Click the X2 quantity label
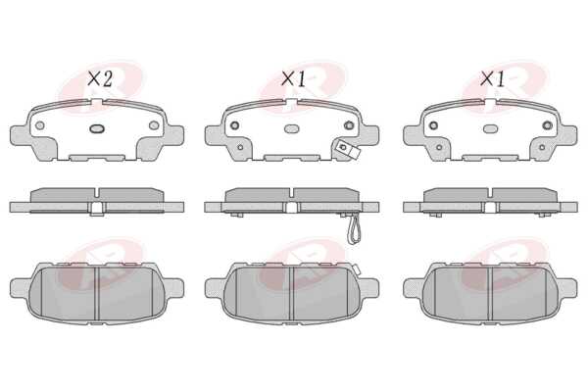pyautogui.click(x=100, y=78)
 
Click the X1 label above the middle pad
pyautogui.click(x=294, y=78)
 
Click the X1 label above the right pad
pyautogui.click(x=492, y=78)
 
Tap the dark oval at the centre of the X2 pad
pyautogui.click(x=97, y=128)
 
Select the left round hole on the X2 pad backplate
pyautogui.click(x=40, y=125)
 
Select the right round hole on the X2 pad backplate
pyautogui.click(x=154, y=125)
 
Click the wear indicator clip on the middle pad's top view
pyautogui.click(x=347, y=149)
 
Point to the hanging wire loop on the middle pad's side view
pyautogui.click(x=353, y=229)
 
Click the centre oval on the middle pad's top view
pyautogui.click(x=291, y=128)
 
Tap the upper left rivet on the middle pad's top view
pyautogui.click(x=235, y=125)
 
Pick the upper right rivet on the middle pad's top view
pyautogui.click(x=349, y=125)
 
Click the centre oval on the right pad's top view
pyautogui.click(x=490, y=128)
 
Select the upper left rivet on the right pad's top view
pyautogui.click(x=433, y=125)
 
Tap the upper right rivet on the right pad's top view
pyautogui.click(x=548, y=125)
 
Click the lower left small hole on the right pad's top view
pyautogui.click(x=439, y=147)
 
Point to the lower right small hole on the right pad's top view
pyautogui.click(x=542, y=147)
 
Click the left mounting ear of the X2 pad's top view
pyautogui.click(x=19, y=135)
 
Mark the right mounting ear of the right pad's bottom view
pyautogui.click(x=566, y=288)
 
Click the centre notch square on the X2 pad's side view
pyautogui.click(x=97, y=208)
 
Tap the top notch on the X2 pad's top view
pyautogui.click(x=97, y=102)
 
